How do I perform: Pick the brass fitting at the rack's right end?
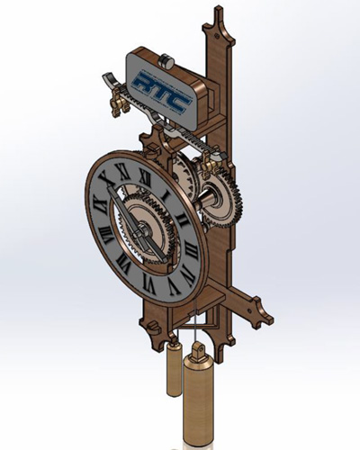210,158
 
